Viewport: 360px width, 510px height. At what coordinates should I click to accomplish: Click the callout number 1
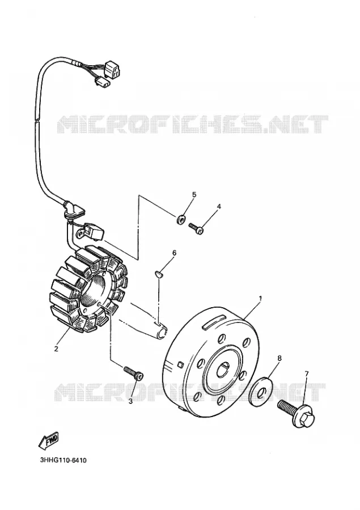[x=260, y=298]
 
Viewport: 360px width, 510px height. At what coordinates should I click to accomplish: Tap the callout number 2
[x=56, y=349]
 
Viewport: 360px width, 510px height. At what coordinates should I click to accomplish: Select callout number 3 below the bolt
[x=130, y=401]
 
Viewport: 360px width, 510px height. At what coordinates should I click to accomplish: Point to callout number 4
[x=219, y=206]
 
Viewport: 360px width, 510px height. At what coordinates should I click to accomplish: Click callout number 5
[x=194, y=195]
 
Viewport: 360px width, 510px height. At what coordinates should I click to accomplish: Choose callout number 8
[x=279, y=358]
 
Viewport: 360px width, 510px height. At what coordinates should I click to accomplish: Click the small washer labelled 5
[x=181, y=219]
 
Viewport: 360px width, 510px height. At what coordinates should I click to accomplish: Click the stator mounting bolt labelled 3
[x=133, y=373]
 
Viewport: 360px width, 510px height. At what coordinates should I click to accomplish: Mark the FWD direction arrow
[x=48, y=441]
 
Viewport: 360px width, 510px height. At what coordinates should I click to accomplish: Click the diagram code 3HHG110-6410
[x=63, y=461]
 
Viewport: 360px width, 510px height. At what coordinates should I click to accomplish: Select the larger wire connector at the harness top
[x=113, y=69]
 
